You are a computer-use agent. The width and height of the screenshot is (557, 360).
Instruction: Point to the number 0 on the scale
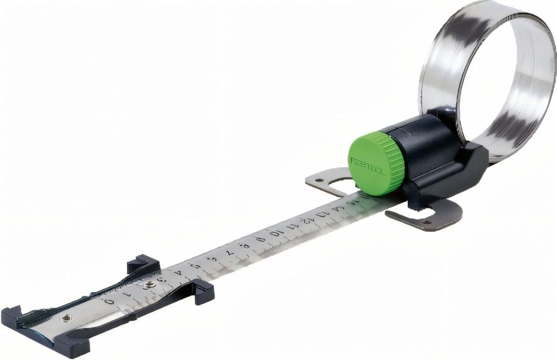110,301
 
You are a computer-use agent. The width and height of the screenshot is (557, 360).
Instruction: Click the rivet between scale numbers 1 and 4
148,285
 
